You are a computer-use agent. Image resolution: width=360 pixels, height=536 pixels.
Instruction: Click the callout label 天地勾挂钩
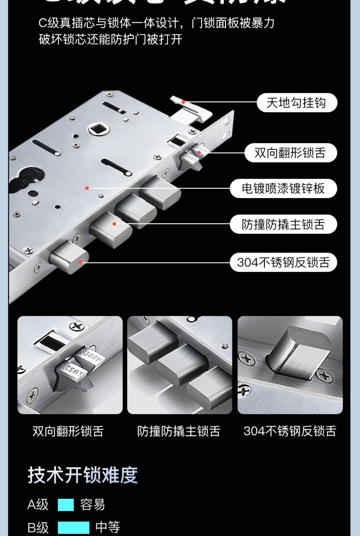click(296, 103)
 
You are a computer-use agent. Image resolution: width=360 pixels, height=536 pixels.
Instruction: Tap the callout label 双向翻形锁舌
click(290, 153)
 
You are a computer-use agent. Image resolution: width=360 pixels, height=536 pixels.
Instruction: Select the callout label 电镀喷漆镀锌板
click(283, 188)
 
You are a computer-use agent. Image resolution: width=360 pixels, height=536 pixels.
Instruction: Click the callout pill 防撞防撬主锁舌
click(283, 225)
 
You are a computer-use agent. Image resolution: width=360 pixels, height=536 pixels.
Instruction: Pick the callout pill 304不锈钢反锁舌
click(283, 262)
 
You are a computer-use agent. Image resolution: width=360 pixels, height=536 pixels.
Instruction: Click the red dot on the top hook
click(183, 102)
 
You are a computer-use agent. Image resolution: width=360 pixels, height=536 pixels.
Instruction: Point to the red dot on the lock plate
click(87, 188)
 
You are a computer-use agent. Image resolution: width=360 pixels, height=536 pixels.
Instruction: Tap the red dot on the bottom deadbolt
click(80, 262)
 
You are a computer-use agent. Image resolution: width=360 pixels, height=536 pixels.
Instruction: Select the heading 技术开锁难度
click(83, 475)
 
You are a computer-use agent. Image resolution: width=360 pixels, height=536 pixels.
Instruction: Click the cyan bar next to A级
click(66, 505)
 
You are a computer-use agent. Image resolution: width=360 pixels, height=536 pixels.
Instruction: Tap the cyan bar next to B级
click(74, 527)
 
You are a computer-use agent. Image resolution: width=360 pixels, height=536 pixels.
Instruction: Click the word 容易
click(93, 505)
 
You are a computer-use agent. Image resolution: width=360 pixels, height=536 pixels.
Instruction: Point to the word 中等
click(108, 527)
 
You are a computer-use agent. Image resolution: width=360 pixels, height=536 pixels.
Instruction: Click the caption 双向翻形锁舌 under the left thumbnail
click(68, 431)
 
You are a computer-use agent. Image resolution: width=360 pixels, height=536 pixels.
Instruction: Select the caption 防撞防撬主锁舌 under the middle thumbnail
click(179, 431)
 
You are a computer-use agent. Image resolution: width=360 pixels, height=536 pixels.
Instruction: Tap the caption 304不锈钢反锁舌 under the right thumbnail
click(290, 431)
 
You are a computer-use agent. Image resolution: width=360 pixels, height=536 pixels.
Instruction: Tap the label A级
click(38, 505)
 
